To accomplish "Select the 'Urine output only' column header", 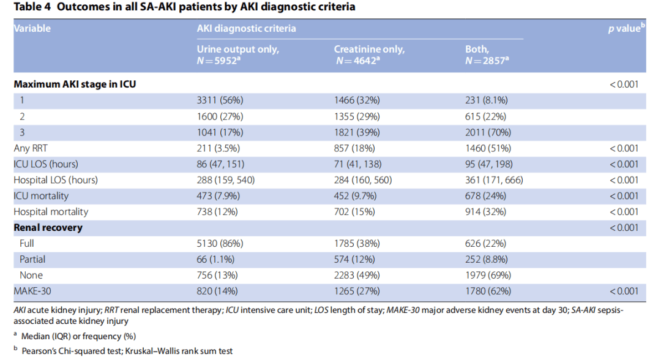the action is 237,50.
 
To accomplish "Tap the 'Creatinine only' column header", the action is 369,50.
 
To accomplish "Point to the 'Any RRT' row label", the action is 31,148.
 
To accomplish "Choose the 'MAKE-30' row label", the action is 32,291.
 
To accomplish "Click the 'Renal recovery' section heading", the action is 48,228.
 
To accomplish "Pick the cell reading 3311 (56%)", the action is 220,100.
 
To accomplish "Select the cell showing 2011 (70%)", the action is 488,132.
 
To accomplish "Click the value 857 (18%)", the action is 354,148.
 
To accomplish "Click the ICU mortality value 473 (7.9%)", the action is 218,196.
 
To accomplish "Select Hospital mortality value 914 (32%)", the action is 485,212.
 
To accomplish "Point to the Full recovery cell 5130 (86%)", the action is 220,244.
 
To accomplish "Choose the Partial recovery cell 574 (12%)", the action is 354,259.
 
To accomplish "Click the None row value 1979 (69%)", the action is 488,276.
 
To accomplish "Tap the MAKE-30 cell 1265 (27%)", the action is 357,291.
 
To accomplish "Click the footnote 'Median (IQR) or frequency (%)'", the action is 78,336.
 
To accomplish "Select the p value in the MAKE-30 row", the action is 624,291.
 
